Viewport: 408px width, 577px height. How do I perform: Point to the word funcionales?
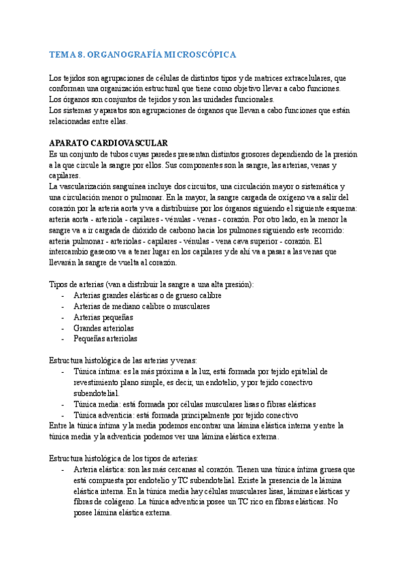click(x=251, y=99)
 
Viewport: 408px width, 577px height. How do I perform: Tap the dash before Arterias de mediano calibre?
click(x=63, y=306)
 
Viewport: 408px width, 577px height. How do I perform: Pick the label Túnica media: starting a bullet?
click(x=97, y=404)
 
